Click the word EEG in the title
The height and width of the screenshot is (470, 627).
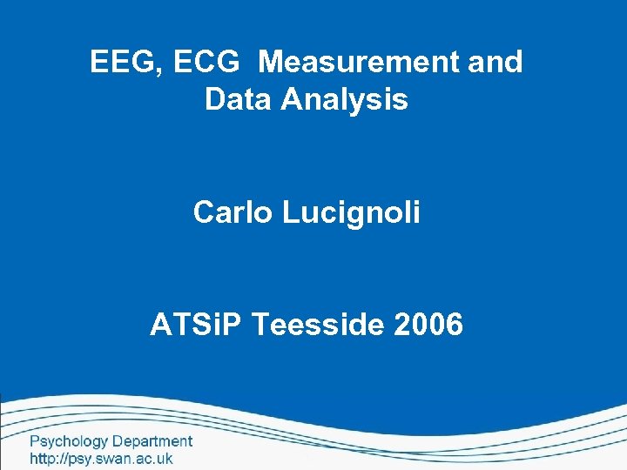[118, 63]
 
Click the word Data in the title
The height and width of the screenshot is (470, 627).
[238, 100]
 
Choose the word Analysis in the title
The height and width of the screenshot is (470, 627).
[345, 100]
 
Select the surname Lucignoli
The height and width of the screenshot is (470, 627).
[351, 212]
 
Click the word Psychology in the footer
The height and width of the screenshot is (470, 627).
[69, 442]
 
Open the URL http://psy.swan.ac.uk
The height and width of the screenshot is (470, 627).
[102, 459]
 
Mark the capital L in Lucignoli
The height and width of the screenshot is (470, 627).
[290, 212]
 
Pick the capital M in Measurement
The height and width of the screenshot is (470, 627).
[273, 63]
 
